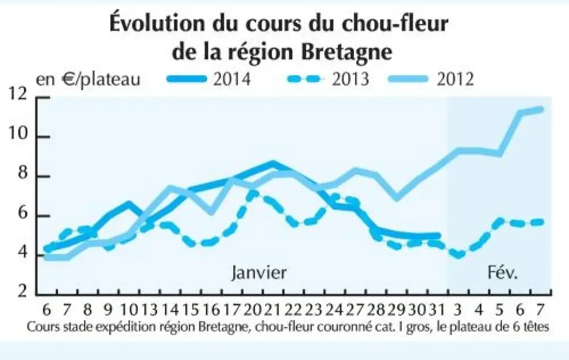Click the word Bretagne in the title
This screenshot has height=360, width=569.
click(347, 52)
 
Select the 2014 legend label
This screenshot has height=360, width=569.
click(232, 79)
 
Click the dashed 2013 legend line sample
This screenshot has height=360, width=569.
click(305, 79)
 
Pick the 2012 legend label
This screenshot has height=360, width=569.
click(455, 79)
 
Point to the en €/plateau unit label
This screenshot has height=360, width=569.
click(88, 79)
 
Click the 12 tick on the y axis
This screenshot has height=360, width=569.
click(17, 94)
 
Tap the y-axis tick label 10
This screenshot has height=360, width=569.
click(17, 134)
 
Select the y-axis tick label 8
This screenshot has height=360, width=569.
click(22, 173)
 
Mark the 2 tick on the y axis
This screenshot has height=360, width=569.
click(22, 291)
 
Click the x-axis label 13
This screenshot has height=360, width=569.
click(149, 310)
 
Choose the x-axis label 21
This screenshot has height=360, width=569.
click(272, 310)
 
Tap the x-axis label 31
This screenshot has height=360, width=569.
click(437, 310)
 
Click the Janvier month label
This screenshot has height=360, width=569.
click(259, 272)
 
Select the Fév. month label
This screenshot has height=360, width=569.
click(503, 272)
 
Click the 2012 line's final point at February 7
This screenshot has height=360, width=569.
click(541, 109)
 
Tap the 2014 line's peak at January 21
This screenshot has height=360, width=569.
click(272, 164)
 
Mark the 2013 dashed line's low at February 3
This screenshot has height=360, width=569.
click(458, 255)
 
